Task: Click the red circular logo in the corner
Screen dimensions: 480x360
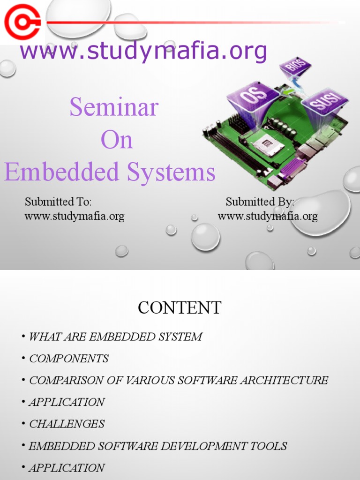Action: (22, 22)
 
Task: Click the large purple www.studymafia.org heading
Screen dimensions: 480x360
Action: (143, 51)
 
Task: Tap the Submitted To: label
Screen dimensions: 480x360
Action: (58, 202)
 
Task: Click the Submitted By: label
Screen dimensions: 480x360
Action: (260, 202)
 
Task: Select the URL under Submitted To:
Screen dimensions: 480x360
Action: (74, 216)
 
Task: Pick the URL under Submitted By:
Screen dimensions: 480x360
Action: (268, 216)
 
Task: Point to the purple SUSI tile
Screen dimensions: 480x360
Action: (324, 102)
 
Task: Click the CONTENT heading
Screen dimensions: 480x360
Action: (180, 308)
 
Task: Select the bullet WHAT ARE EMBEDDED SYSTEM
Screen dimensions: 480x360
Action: (115, 337)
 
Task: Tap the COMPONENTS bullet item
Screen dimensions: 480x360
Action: (68, 359)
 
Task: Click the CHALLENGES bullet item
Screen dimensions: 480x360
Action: (67, 424)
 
